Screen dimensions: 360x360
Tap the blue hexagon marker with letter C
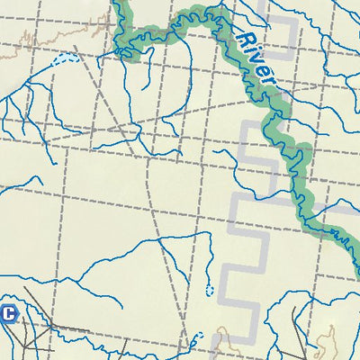click(9, 314)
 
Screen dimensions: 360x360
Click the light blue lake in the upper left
click(63, 60)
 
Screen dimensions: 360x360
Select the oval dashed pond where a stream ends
click(210, 290)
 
